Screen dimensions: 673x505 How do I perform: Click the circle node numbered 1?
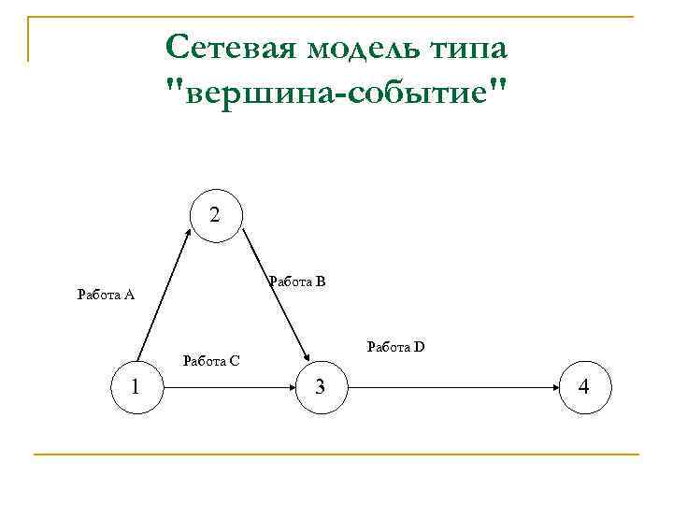[136, 384]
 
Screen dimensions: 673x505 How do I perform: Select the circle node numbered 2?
[216, 216]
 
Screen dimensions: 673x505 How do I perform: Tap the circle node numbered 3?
[320, 384]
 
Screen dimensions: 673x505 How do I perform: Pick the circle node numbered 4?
[585, 384]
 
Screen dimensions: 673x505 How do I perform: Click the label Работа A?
[106, 296]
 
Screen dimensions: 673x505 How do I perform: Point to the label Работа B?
[296, 281]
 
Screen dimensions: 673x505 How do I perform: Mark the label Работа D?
[395, 347]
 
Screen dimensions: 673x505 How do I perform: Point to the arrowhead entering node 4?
[554, 384]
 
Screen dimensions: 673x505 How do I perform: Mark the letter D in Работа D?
[420, 347]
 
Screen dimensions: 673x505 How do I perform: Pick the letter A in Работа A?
[130, 296]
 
